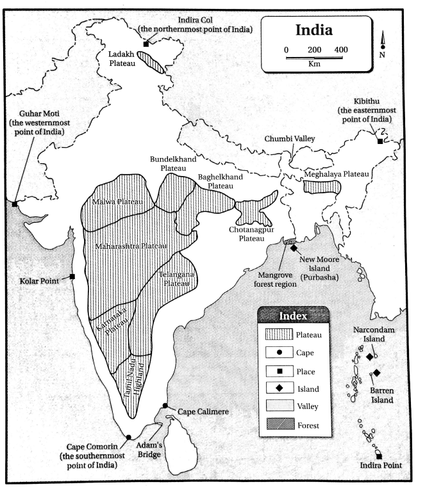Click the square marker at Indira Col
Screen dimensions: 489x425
(x=146, y=44)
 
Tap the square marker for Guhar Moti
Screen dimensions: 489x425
(x=15, y=204)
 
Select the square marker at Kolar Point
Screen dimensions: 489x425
(x=72, y=277)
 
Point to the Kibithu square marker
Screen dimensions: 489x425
(x=380, y=141)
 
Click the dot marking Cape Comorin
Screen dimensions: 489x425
(x=129, y=437)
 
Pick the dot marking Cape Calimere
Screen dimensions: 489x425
(x=165, y=405)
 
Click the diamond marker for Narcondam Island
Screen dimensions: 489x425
(x=370, y=356)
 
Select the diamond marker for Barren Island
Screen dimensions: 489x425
(x=377, y=373)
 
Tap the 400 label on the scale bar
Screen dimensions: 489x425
(x=341, y=50)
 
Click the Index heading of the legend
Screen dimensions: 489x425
(x=294, y=316)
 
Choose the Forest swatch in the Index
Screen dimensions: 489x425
(x=278, y=424)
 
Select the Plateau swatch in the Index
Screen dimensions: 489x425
(x=278, y=333)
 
